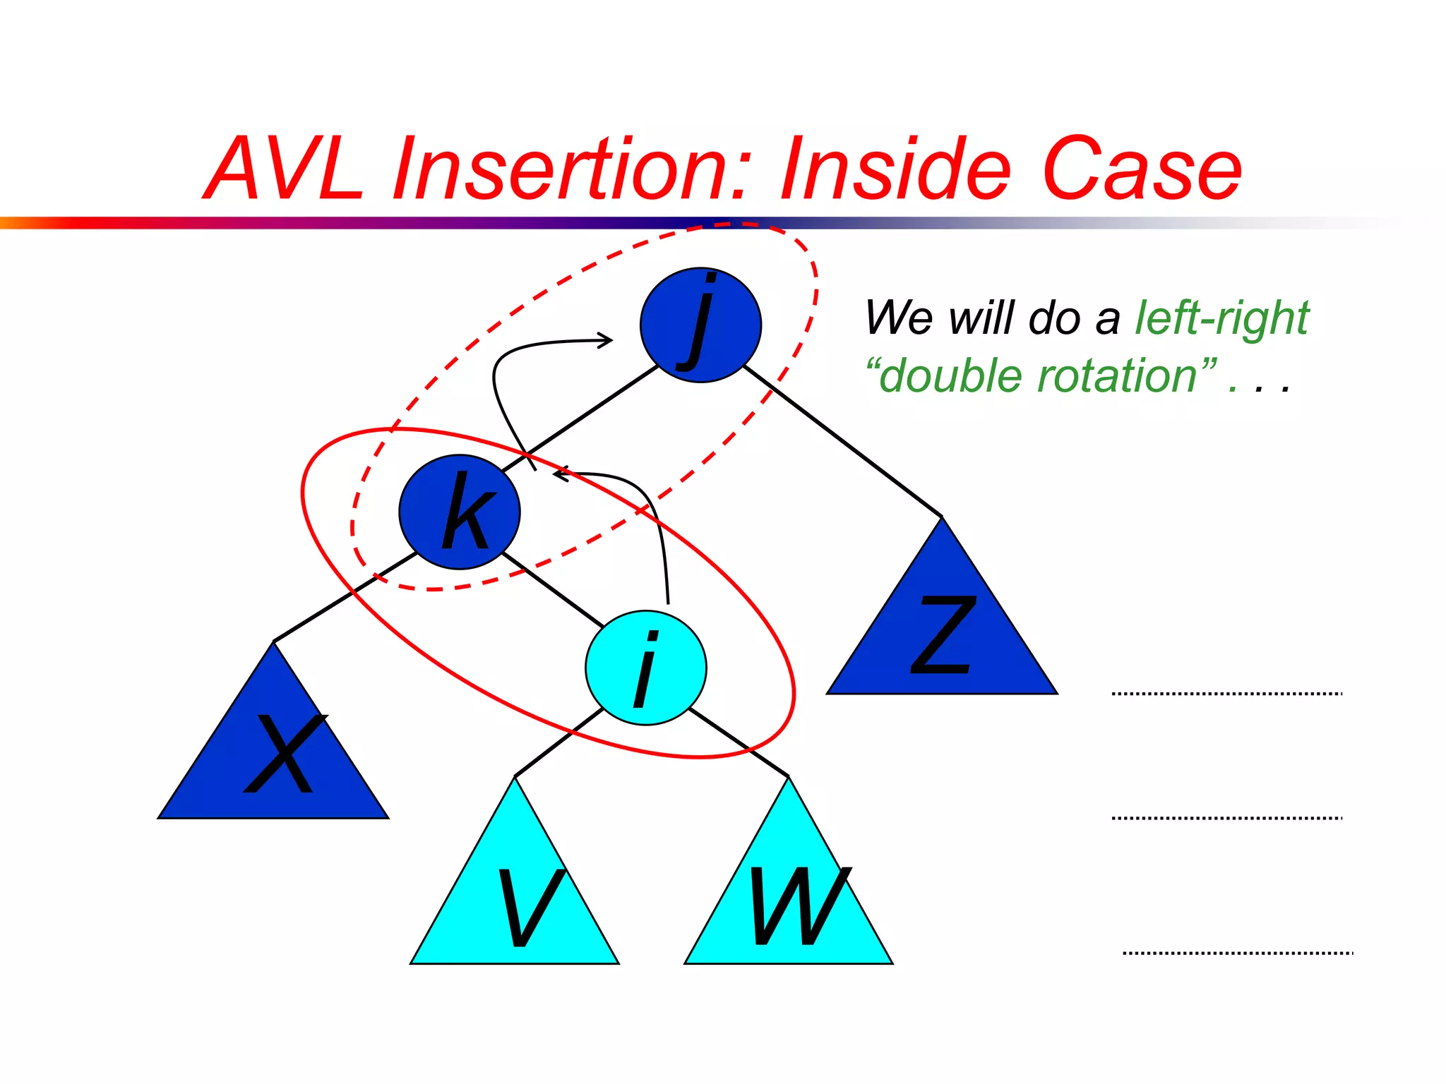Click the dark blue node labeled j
tap(700, 325)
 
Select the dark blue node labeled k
tap(460, 512)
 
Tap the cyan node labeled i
tap(645, 668)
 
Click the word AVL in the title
tap(286, 169)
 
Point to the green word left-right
tap(1221, 318)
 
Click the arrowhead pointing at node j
tap(607, 341)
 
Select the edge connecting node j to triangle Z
tap(844, 442)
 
